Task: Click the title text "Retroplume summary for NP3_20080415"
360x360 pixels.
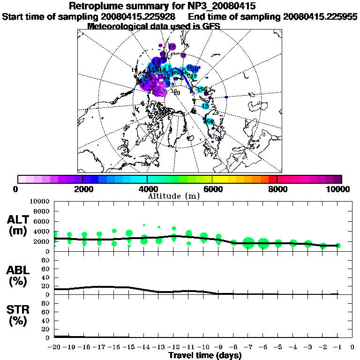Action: pyautogui.click(x=162, y=6)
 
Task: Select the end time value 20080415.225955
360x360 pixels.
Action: pyautogui.click(x=320, y=16)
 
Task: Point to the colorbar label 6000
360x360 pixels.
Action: pyautogui.click(x=212, y=189)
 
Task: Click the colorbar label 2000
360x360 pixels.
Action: pyautogui.click(x=82, y=189)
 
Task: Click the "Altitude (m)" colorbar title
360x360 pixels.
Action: pyautogui.click(x=173, y=196)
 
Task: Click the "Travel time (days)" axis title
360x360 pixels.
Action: pyautogui.click(x=205, y=356)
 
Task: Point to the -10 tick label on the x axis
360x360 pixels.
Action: pyautogui.click(x=202, y=347)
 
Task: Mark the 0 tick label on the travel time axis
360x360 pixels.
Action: pyautogui.click(x=352, y=347)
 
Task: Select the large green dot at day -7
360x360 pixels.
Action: pyautogui.click(x=248, y=243)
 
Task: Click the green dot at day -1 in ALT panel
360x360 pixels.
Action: pyautogui.click(x=338, y=245)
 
